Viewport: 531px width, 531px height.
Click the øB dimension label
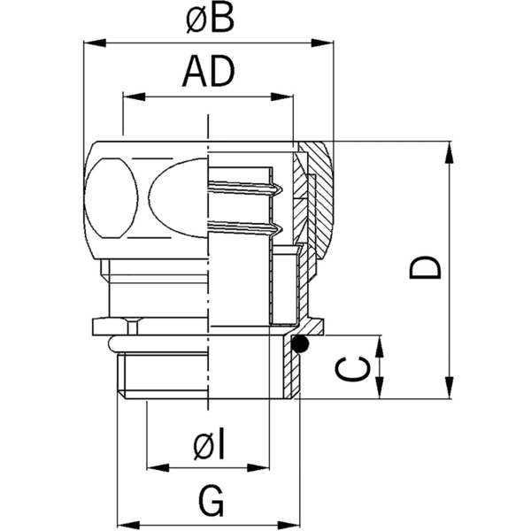[x=210, y=19]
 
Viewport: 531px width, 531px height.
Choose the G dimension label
[x=210, y=502]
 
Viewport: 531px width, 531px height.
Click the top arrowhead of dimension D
[x=454, y=152]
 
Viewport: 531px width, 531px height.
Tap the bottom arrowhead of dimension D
[x=454, y=390]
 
